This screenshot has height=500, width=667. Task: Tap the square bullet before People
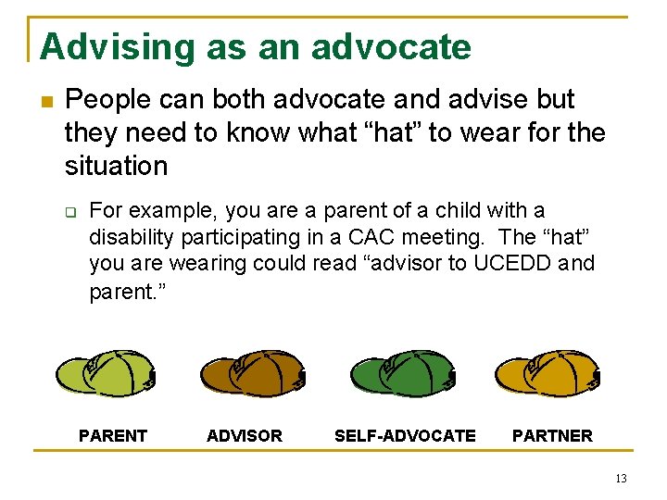pyautogui.click(x=45, y=101)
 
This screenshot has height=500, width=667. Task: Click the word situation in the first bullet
pyautogui.click(x=116, y=166)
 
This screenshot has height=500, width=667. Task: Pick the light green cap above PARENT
pyautogui.click(x=105, y=373)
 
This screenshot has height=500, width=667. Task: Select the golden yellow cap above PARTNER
pyautogui.click(x=549, y=373)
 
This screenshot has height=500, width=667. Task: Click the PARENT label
pyautogui.click(x=113, y=436)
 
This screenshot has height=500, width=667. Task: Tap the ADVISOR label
pyautogui.click(x=245, y=436)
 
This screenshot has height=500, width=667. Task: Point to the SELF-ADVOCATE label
pyautogui.click(x=405, y=436)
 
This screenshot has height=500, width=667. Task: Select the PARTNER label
pyautogui.click(x=552, y=436)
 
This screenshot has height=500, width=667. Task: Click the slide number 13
pyautogui.click(x=620, y=479)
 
